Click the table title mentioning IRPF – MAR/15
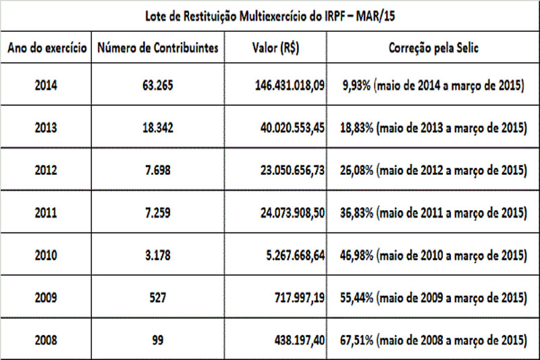point(270,14)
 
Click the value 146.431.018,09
point(285,86)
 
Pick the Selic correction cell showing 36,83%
point(432,213)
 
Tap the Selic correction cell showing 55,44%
point(432,298)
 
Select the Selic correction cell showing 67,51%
point(432,340)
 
